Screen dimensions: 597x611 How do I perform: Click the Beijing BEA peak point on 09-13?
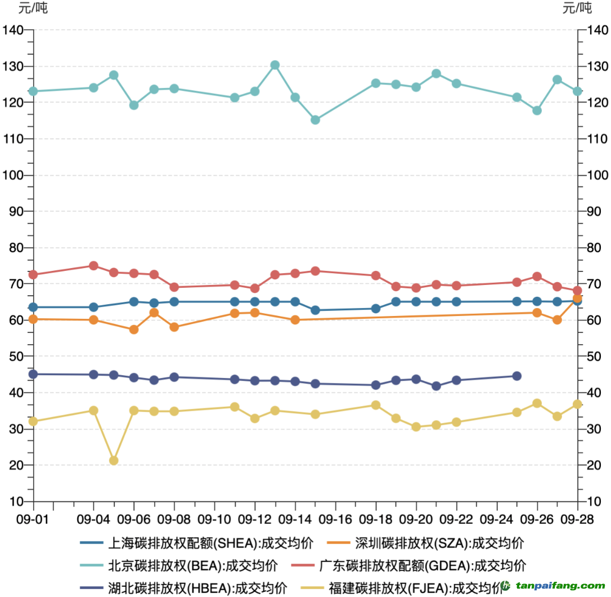[x=275, y=65]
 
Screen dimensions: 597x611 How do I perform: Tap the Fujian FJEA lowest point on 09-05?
[x=114, y=461]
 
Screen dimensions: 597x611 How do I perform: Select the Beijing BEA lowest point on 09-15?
[x=316, y=120]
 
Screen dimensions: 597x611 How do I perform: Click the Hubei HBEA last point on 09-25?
[x=517, y=376]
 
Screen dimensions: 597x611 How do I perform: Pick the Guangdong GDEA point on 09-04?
[x=94, y=266]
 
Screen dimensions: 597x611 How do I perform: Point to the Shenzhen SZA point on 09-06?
[x=134, y=329]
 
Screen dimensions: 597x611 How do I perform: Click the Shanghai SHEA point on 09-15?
[x=316, y=310]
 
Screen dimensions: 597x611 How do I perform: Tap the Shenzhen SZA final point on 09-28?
[x=577, y=298]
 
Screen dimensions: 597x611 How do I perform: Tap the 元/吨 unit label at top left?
[x=33, y=8]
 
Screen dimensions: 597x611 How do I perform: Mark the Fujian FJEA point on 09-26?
[x=537, y=403]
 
